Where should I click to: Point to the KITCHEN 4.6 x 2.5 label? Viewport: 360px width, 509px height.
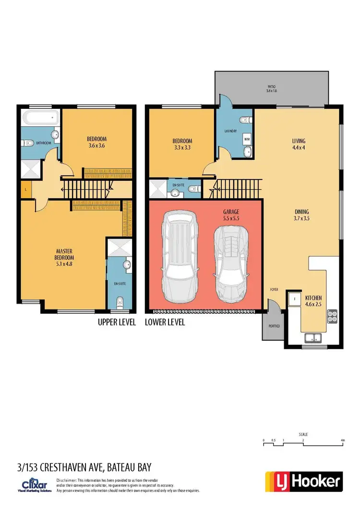click(x=313, y=301)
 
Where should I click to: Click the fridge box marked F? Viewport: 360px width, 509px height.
click(x=293, y=298)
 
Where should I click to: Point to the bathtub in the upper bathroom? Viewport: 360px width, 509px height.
click(x=40, y=117)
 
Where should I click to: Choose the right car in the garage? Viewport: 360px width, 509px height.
click(x=231, y=261)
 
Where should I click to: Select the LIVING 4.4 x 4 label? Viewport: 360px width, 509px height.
click(x=299, y=144)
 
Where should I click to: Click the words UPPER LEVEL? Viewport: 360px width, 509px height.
click(x=117, y=322)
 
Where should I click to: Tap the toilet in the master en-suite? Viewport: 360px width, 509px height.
click(x=120, y=301)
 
